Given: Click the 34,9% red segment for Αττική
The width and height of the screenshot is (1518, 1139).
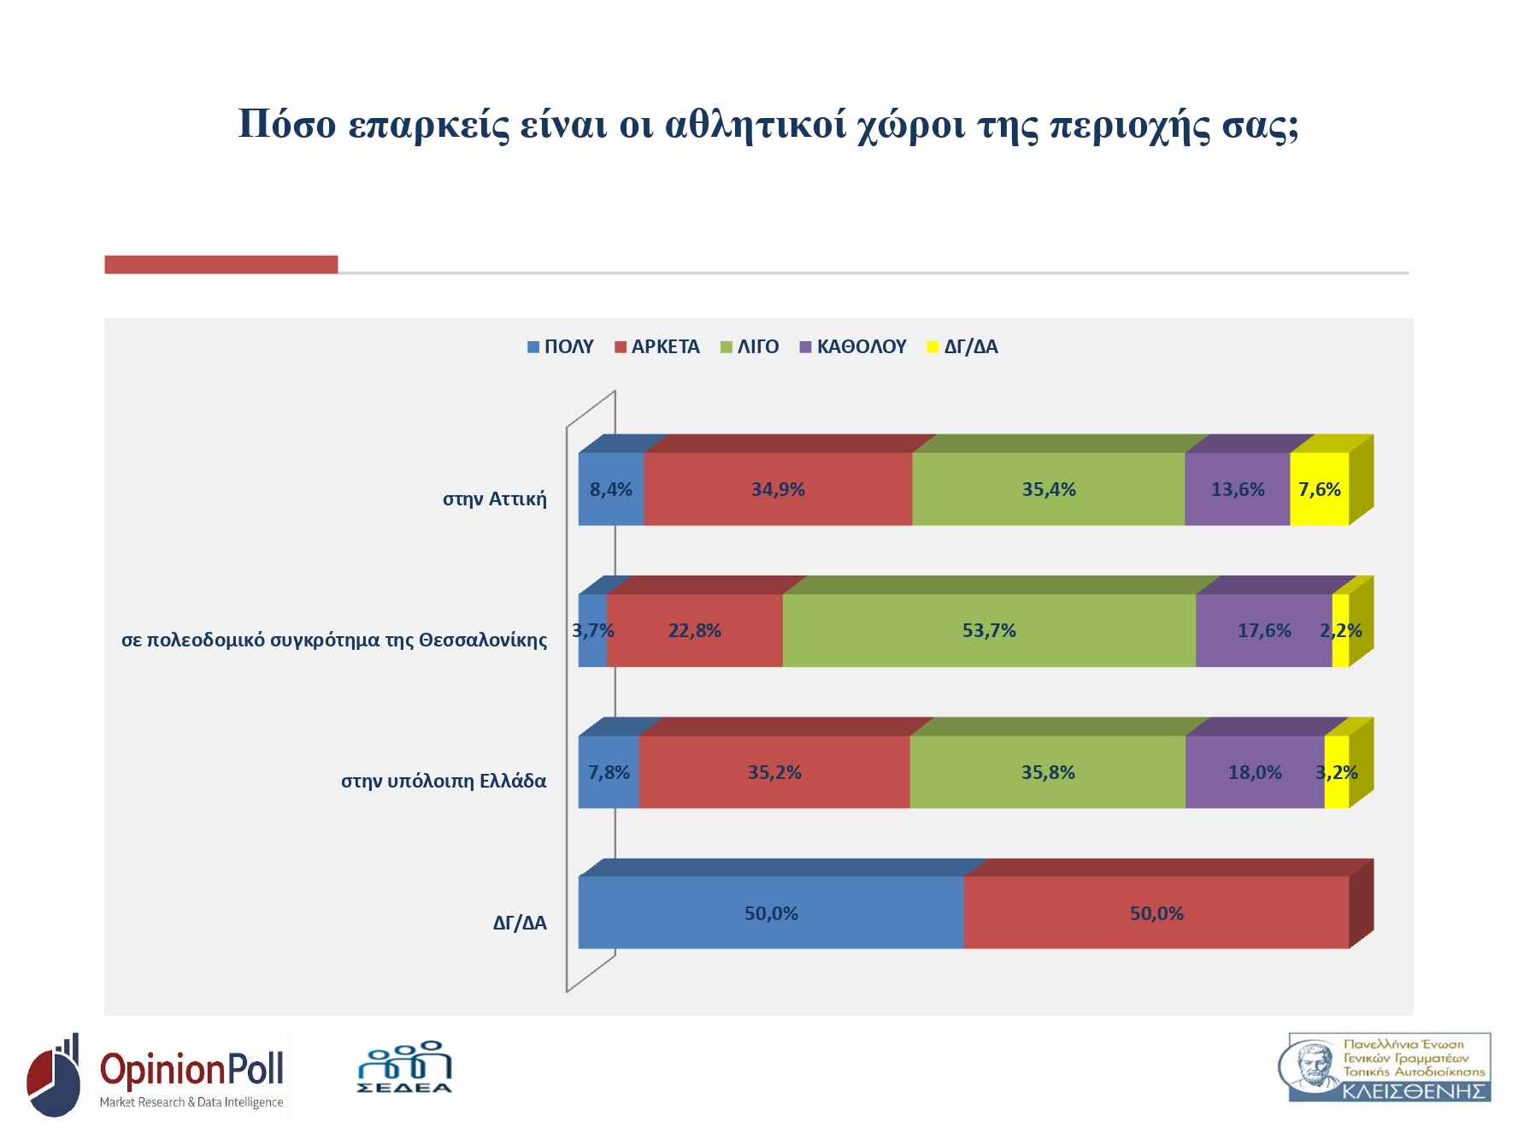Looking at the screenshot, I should [778, 489].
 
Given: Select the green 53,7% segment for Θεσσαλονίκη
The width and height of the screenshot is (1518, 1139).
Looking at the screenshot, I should [989, 631].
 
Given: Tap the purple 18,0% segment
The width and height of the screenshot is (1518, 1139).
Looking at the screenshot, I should [1255, 772].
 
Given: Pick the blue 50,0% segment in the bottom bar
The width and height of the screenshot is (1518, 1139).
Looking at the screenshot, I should [771, 913].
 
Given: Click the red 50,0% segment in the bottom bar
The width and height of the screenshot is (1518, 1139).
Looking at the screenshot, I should [1156, 913].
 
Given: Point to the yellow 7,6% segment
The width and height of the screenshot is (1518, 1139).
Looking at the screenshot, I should [1319, 489].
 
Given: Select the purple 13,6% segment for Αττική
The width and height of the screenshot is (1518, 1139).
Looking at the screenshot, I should [1237, 489].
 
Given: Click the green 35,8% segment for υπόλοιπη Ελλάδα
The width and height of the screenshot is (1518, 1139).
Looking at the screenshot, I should [1048, 772].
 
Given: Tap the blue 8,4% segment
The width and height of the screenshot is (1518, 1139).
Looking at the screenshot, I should [610, 489].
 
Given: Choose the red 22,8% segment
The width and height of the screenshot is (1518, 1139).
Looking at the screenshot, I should [694, 631].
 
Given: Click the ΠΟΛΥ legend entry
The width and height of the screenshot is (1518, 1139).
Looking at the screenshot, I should [561, 347].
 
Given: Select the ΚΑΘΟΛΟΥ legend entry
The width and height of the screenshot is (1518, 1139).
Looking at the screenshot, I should [853, 347].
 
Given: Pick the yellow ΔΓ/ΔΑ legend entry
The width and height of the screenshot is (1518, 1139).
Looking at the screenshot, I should [963, 347].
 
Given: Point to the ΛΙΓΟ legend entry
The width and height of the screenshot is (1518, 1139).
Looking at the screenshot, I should [750, 347].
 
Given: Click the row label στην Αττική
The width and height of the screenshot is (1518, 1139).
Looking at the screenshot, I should [494, 499].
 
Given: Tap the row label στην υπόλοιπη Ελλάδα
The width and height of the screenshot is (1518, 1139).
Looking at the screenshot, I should [444, 782].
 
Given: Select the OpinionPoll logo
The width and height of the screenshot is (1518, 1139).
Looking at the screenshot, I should [156, 1076].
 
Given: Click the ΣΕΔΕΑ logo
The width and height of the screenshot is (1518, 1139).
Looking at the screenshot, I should [404, 1067].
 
